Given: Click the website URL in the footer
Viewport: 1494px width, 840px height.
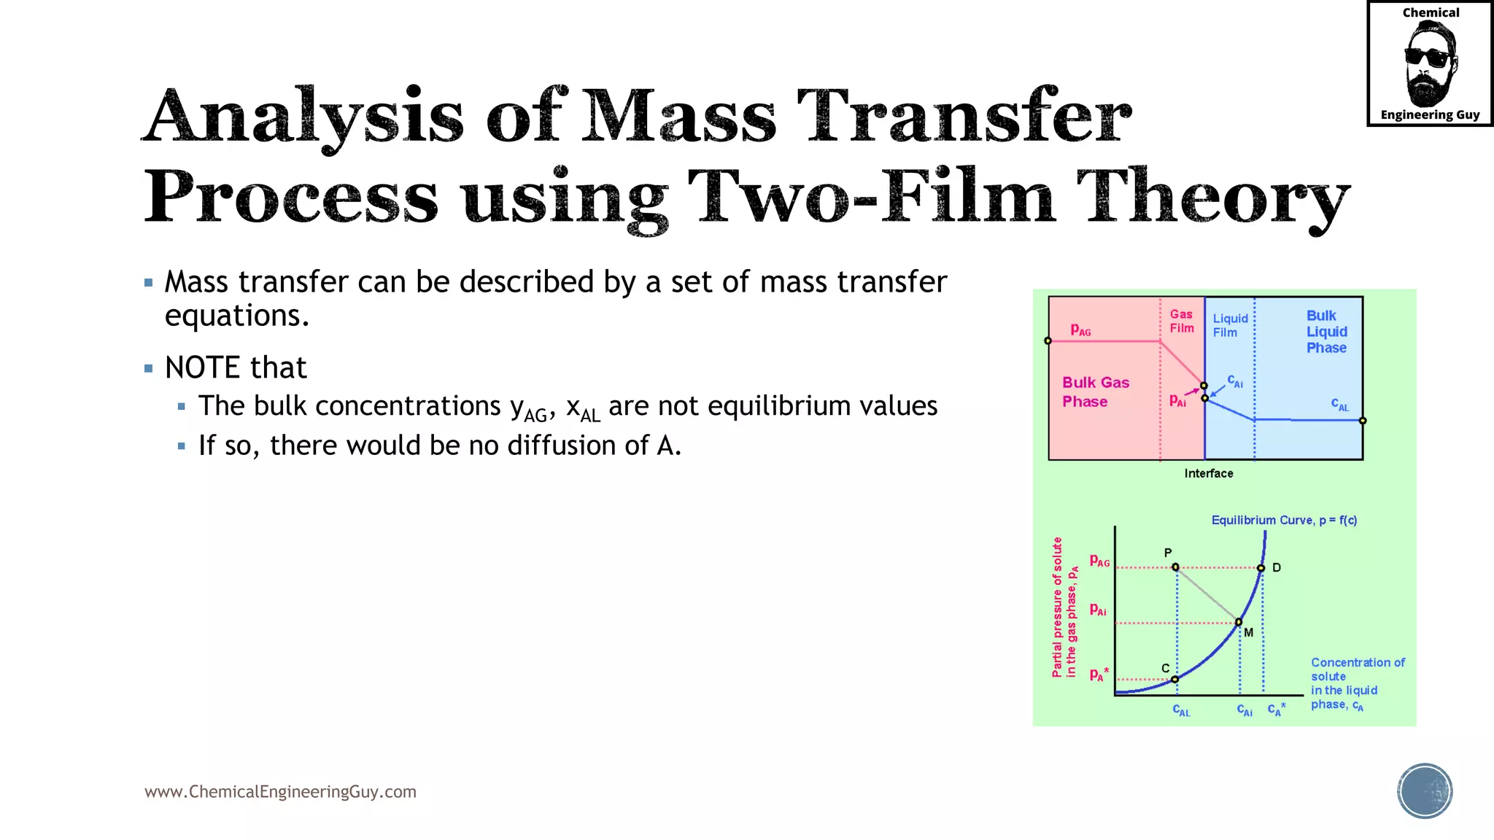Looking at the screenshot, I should point(280,792).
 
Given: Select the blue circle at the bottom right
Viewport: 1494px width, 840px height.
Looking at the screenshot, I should point(1425,791).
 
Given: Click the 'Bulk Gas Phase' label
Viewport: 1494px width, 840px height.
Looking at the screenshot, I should point(1095,392).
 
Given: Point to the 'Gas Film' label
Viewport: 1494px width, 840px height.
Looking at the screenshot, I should point(1181,321).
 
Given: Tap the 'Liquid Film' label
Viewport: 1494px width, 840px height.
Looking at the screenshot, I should point(1230,325).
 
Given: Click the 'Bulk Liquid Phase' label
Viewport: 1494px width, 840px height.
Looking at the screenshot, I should point(1326,332).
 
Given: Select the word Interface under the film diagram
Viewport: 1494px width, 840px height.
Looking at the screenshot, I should point(1208,473).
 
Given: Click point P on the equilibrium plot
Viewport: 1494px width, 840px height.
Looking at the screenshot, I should point(1175,567).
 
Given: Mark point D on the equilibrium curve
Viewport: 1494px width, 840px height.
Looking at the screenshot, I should point(1261,567).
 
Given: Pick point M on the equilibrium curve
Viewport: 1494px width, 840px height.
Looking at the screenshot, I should point(1239,622).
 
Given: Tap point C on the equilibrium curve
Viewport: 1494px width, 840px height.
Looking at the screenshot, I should point(1174,679).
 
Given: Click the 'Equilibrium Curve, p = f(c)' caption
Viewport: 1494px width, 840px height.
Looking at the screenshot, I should point(1284,520).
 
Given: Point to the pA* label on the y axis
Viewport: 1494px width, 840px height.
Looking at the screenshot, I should point(1099,674).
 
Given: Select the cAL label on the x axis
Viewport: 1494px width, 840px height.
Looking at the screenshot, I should point(1181,710).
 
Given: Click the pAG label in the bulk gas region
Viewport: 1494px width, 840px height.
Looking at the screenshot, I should point(1080,330).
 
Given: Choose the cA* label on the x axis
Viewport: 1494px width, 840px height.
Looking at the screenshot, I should point(1276,709).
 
